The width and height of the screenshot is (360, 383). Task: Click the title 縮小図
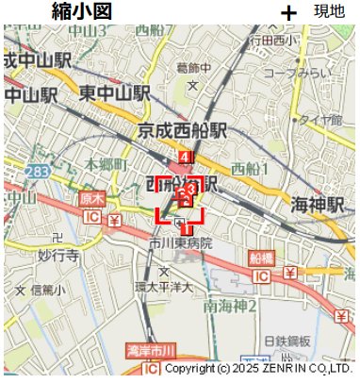(82, 11)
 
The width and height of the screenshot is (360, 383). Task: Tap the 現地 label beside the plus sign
(329, 11)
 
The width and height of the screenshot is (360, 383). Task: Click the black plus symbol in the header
(288, 12)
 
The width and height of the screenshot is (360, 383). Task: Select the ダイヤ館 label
(321, 120)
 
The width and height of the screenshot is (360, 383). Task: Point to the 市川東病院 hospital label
(180, 243)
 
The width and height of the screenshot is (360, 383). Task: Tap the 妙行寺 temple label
(57, 256)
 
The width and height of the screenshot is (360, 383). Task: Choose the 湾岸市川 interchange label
(151, 351)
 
